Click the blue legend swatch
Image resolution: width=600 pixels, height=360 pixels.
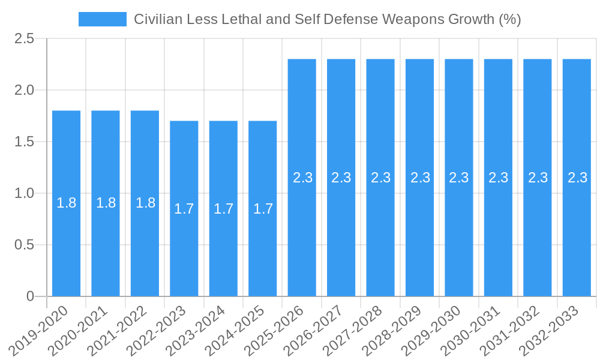(102, 19)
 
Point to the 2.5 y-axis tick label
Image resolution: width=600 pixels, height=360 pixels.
(25, 39)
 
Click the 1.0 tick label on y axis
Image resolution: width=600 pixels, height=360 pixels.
(25, 193)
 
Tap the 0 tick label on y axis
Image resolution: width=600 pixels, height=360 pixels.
(31, 296)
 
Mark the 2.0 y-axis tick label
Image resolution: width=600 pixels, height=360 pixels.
(25, 91)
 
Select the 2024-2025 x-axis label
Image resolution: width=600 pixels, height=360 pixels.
(235, 331)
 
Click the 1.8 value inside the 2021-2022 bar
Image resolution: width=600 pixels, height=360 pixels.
(145, 203)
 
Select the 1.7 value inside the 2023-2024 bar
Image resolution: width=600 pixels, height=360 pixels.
(223, 209)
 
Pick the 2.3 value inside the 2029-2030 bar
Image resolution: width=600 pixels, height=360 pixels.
(459, 178)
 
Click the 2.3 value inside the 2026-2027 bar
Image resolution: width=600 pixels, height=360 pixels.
(341, 178)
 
